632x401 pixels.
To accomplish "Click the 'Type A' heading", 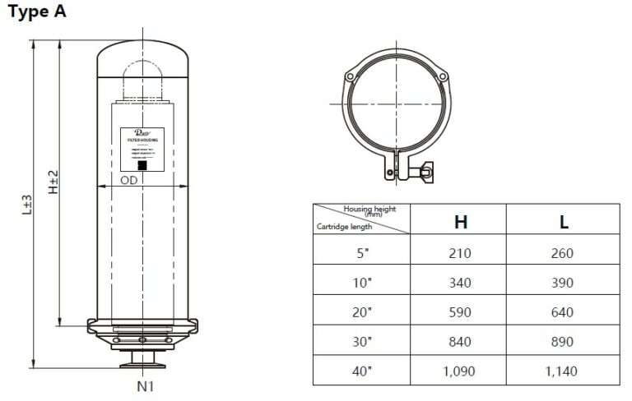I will point(37,12).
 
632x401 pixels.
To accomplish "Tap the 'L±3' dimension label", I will point(27,205).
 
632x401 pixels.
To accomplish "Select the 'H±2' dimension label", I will point(53,182).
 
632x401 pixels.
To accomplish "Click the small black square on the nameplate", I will point(142,165).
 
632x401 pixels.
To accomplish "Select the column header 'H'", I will point(461,222).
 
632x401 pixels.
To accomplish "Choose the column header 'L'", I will point(563,222).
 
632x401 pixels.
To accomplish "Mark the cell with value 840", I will point(461,342).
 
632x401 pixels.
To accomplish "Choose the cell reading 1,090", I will point(459,371).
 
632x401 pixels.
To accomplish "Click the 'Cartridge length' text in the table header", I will point(341,226).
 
